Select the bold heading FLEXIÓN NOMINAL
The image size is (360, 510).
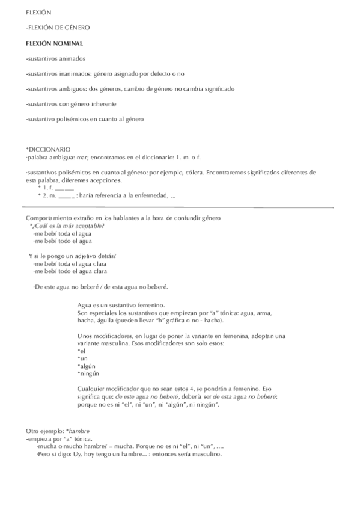point(55,43)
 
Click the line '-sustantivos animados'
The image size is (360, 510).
point(56,58)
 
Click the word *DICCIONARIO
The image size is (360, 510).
point(49,149)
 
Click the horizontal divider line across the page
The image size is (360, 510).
point(180,207)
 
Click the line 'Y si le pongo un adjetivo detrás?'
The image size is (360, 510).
point(73,256)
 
